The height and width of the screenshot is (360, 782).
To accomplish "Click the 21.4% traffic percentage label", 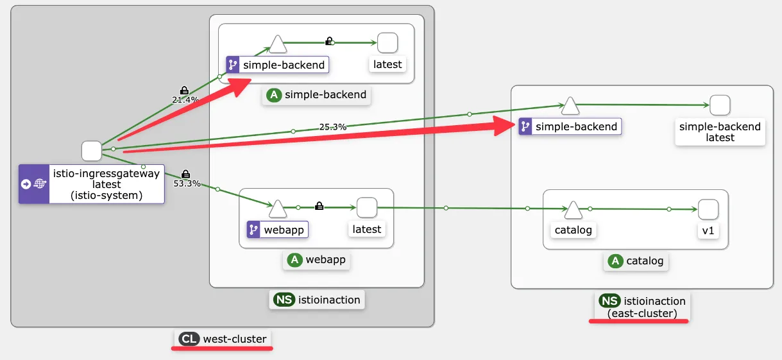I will coord(185,99).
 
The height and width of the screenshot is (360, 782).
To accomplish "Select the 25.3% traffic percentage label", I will coord(332,127).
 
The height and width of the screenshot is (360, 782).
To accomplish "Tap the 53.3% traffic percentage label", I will coord(187,183).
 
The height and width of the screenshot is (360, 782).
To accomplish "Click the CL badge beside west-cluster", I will coord(189,339).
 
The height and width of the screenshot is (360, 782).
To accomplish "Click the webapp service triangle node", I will coord(278,208).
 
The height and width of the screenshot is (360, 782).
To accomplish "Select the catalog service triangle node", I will coord(574,209).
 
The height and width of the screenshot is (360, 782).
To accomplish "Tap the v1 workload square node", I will coord(708,209).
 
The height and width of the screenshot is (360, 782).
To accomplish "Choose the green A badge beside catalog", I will coord(615,261).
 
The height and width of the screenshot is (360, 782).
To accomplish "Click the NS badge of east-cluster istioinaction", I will coord(609,301).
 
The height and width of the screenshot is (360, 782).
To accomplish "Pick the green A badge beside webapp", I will coord(294,260).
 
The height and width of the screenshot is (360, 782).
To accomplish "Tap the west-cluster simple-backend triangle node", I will coord(277,44).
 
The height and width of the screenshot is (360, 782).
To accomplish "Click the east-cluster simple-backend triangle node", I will coord(570,105).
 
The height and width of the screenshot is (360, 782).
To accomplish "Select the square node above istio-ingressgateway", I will coord(91,151).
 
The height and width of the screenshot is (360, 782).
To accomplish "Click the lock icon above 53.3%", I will coord(186,173).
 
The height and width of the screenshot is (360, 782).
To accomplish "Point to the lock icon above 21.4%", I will coord(184,90).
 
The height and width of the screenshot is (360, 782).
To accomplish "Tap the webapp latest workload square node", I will coord(366,208).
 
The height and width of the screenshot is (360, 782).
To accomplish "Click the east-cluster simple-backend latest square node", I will coord(720,105).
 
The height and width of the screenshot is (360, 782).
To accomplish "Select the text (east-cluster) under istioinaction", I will coord(642,313).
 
